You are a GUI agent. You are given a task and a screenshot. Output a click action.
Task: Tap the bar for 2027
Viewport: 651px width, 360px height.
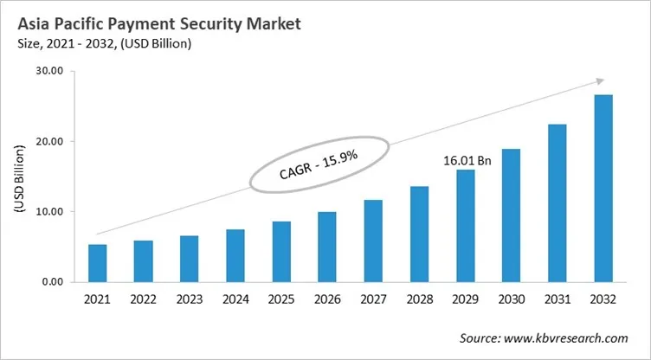(373, 241)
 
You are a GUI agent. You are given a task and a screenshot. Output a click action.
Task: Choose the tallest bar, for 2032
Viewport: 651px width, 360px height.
(603, 188)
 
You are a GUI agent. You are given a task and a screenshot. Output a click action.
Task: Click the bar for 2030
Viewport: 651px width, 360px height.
(511, 215)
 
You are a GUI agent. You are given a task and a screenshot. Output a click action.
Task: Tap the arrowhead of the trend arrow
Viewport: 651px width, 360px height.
(598, 80)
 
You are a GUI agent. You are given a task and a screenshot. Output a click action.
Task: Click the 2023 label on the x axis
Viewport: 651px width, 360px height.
(190, 301)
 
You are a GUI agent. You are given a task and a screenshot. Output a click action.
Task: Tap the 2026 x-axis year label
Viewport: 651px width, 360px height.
(327, 301)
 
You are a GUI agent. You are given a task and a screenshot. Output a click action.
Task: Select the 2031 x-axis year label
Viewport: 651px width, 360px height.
(557, 301)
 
